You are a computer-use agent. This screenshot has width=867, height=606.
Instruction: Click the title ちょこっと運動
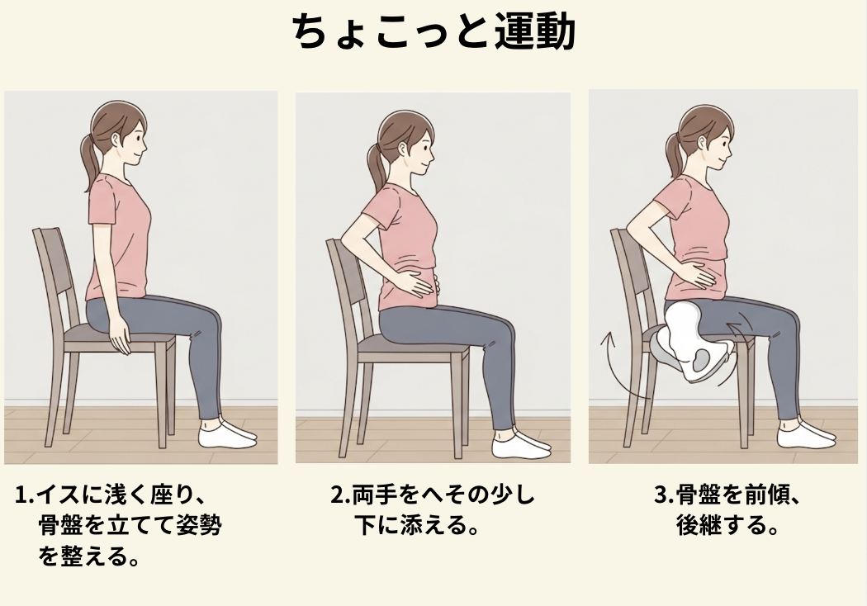tap(433, 31)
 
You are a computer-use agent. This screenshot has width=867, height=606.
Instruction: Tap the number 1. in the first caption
tap(25, 495)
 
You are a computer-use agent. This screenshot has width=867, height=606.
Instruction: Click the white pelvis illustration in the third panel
tap(694, 343)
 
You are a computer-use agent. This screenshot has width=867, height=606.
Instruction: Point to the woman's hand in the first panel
tap(120, 339)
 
